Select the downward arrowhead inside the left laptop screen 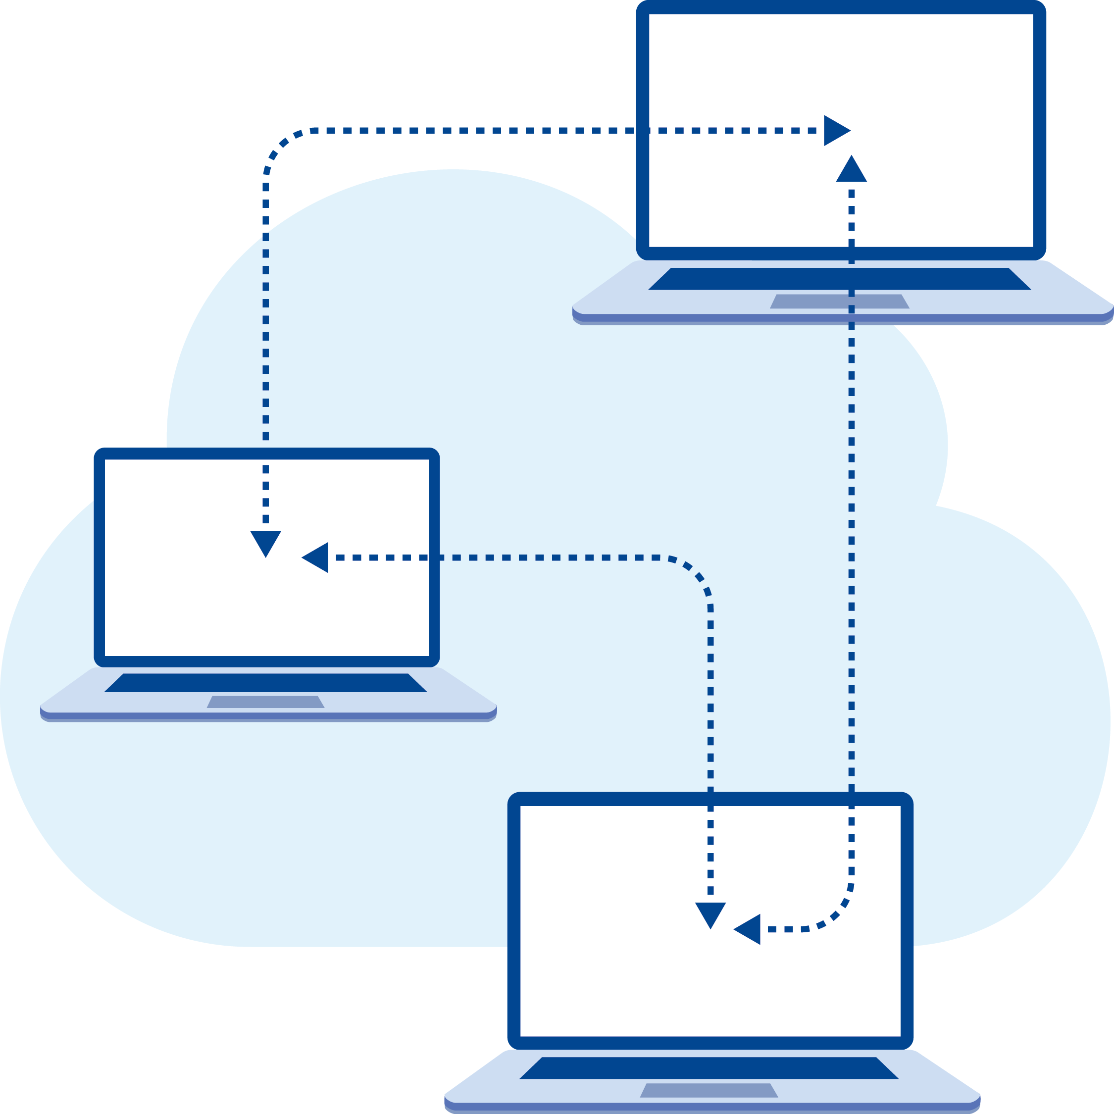pos(265,542)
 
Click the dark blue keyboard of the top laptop pos(839,279)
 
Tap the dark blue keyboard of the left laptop pos(265,683)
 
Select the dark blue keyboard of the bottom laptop pos(709,1068)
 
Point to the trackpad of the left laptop pos(265,702)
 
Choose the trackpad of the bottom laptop pos(709,1090)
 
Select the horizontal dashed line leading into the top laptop pos(519,130)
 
